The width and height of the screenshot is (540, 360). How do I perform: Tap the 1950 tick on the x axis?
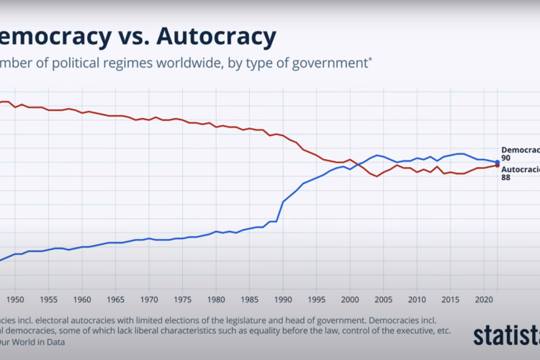click(15, 298)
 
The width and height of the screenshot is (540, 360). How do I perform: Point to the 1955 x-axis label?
click(48, 298)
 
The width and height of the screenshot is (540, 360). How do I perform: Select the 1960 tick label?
click(82, 298)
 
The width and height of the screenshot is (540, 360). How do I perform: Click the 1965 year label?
click(115, 298)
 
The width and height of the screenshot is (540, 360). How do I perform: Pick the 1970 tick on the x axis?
click(149, 298)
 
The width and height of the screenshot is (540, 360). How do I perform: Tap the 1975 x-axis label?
click(182, 298)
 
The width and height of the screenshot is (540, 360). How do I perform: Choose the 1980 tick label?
click(216, 298)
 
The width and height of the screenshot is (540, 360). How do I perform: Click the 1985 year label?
click(249, 298)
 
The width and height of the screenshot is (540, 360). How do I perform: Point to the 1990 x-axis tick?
click(283, 298)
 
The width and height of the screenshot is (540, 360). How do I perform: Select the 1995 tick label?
click(316, 298)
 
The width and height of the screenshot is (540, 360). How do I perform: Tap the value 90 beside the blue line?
click(506, 158)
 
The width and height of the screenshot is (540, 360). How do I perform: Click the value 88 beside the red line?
click(506, 178)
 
